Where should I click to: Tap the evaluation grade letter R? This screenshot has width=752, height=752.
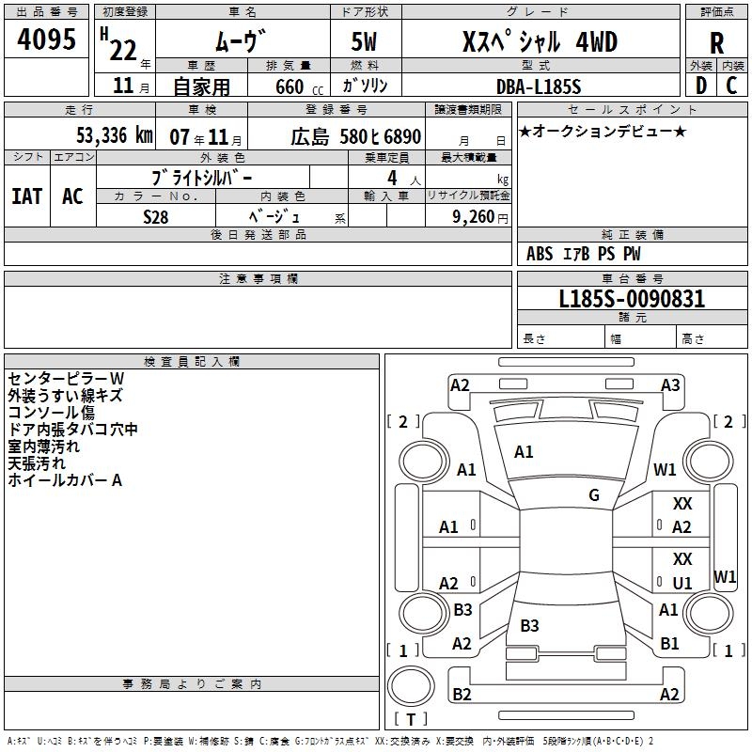coord(716,43)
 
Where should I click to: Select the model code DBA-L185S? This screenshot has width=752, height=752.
coord(539,86)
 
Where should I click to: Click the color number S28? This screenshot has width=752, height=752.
coord(156,216)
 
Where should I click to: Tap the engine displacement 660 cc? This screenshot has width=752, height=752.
coord(289,86)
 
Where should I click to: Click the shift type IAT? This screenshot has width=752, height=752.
coord(26,196)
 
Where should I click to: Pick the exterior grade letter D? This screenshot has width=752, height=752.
coord(700,86)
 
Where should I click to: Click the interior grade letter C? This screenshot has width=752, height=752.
coord(731,86)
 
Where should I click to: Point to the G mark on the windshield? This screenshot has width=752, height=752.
coord(594,495)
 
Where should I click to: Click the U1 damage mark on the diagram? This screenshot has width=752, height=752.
coord(682,583)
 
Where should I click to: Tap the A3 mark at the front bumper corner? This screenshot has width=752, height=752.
coord(670,384)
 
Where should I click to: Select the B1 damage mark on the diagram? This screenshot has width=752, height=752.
coord(669,644)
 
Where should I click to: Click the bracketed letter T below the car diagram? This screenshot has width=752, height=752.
coord(411,720)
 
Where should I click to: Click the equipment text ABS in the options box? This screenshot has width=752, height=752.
coord(540,253)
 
